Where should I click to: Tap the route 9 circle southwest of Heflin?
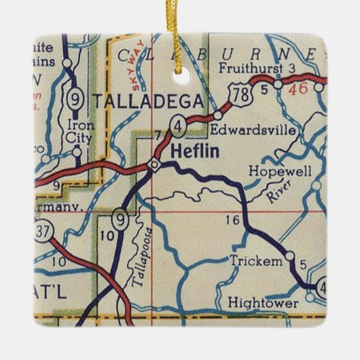[120, 219]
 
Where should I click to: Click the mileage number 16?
[232, 220]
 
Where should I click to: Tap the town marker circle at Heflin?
[155, 164]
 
